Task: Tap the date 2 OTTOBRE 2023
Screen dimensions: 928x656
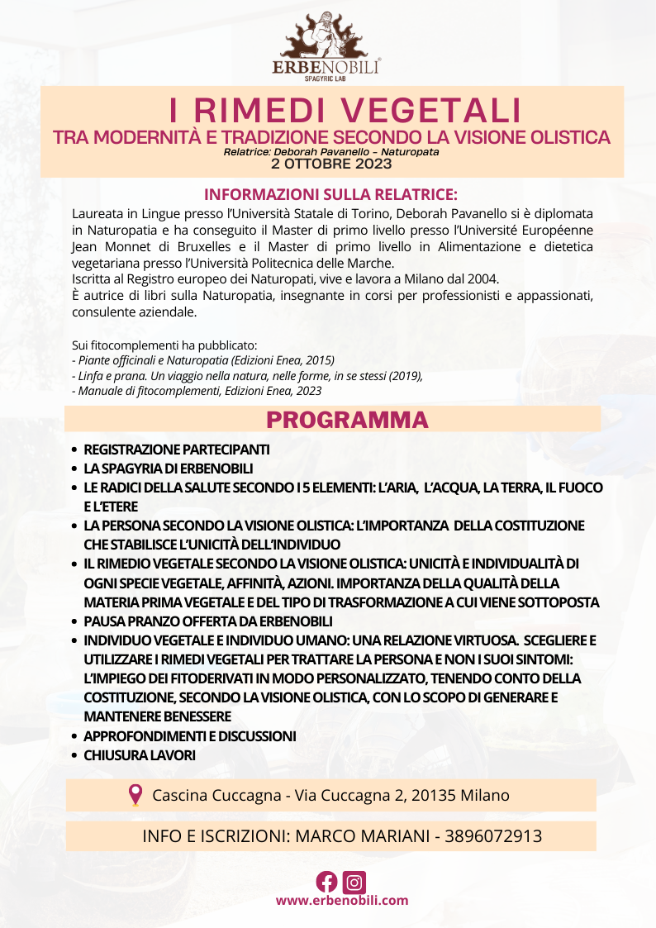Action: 330,164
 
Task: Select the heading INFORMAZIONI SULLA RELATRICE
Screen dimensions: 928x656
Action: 330,195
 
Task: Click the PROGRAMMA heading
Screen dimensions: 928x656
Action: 347,420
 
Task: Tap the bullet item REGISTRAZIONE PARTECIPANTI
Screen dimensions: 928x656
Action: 176,450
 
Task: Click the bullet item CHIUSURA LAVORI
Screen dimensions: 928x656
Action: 139,755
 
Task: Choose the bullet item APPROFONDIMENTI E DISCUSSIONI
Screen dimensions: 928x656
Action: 189,736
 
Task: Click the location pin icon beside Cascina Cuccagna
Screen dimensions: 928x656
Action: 135,795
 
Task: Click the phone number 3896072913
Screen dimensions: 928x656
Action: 493,835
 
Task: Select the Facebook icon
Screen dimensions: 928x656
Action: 327,882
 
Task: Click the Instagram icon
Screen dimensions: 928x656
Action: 354,882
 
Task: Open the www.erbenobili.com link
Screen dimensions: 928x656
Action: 341,901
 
